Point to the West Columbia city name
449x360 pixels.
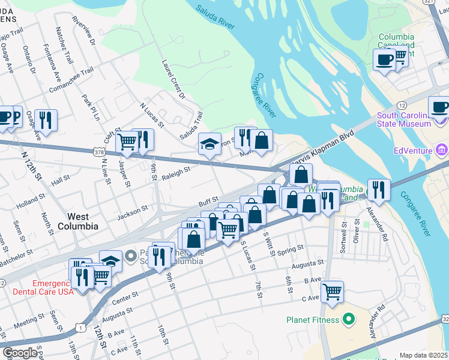(x=78, y=221)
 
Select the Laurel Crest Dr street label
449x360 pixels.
(x=173, y=78)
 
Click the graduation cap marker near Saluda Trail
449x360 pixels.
(x=209, y=144)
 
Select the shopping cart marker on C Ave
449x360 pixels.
(x=332, y=292)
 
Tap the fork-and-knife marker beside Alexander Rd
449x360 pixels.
(x=378, y=190)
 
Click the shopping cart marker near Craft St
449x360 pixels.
(x=127, y=143)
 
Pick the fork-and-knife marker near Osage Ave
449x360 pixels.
(x=46, y=121)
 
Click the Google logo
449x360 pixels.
(x=20, y=352)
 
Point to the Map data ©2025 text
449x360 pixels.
(x=423, y=355)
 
